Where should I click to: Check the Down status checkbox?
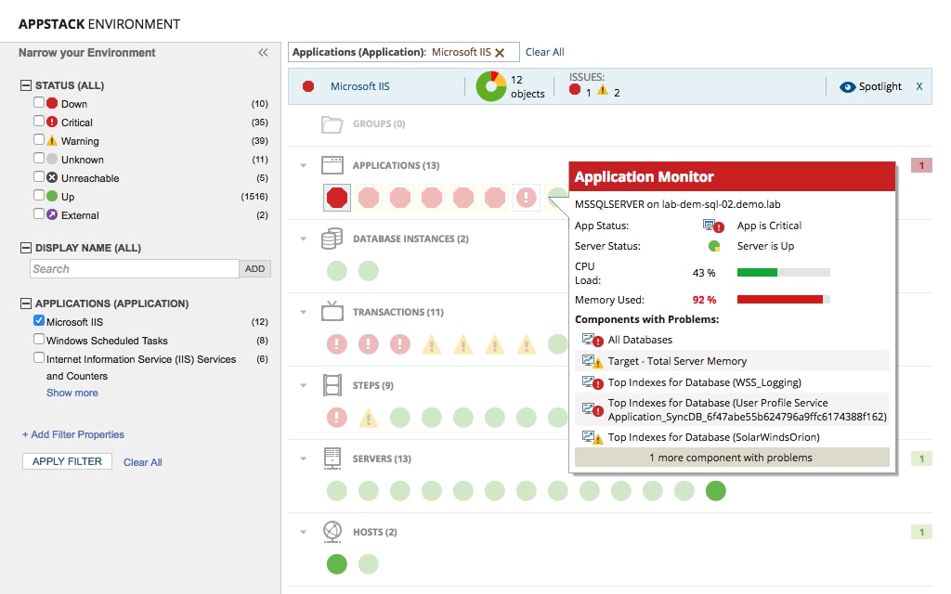pos(39,103)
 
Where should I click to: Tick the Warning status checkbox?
pos(39,140)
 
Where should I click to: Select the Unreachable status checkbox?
pos(39,177)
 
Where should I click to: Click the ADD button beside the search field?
pos(255,269)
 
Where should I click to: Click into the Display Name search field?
pos(134,269)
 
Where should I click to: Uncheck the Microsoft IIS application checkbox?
pos(39,321)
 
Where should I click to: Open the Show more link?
pos(72,393)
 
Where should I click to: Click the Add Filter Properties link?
pos(73,434)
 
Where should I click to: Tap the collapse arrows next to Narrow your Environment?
pos(263,53)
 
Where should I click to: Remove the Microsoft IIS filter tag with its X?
pos(500,53)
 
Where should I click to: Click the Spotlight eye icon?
pos(847,86)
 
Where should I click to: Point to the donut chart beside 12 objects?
pos(491,86)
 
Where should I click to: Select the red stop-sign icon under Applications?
pos(337,197)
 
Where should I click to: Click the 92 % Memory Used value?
pos(704,300)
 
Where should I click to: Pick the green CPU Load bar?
pos(757,273)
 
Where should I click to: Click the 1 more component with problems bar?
pos(732,458)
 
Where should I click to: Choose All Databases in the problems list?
pos(640,341)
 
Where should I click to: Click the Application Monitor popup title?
pos(644,176)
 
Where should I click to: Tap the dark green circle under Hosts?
pos(337,563)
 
